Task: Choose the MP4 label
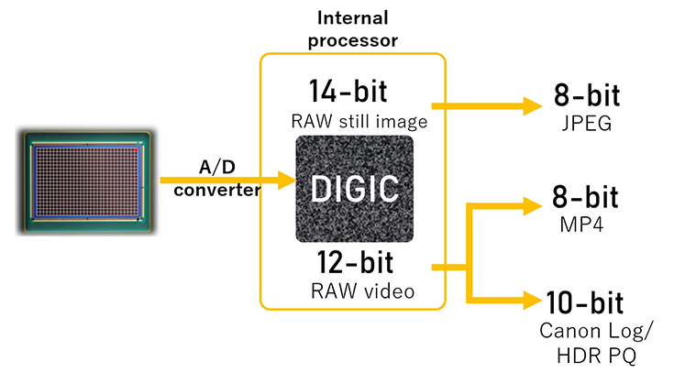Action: click(583, 223)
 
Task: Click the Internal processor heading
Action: click(352, 27)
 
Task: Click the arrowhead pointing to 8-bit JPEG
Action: click(532, 106)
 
